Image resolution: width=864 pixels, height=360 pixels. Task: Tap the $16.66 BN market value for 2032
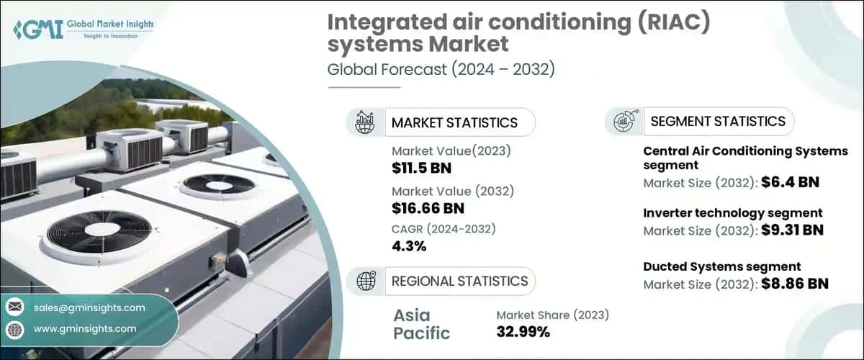tap(428, 209)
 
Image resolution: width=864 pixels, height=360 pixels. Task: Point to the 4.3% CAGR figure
tap(409, 246)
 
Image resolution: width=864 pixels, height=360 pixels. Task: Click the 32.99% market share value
tap(523, 332)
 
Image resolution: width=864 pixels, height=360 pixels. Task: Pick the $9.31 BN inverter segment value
tap(792, 230)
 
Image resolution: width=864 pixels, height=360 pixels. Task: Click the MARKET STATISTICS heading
tap(454, 122)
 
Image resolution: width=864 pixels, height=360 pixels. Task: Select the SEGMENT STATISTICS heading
tap(717, 121)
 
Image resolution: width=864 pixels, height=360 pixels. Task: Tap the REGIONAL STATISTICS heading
tap(459, 281)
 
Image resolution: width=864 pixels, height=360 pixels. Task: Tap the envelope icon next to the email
tap(14, 307)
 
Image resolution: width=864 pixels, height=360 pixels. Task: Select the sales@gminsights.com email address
tap(89, 307)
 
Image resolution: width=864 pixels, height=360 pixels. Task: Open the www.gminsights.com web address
tap(85, 328)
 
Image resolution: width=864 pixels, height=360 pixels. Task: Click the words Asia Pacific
tap(422, 324)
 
